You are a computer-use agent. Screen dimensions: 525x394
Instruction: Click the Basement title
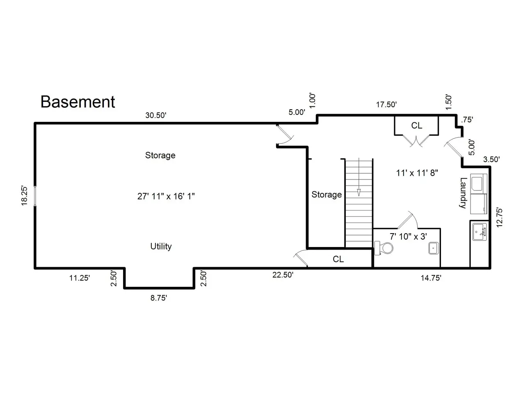(78, 102)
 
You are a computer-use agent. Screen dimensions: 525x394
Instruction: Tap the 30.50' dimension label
(156, 115)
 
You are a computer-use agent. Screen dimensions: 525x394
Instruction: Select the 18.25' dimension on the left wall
(24, 196)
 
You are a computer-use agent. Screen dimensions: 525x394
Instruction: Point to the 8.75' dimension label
(159, 298)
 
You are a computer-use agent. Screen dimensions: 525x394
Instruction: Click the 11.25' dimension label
(80, 278)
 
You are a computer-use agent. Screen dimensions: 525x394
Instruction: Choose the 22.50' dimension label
(283, 275)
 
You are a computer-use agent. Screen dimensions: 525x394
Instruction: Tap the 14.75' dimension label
(431, 278)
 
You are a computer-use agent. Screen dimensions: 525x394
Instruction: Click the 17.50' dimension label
(386, 105)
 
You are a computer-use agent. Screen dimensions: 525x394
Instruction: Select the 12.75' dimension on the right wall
(499, 218)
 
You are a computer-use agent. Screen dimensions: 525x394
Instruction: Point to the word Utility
(161, 246)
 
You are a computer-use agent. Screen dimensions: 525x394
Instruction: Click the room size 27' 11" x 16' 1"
(166, 197)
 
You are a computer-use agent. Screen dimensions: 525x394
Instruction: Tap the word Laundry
(463, 193)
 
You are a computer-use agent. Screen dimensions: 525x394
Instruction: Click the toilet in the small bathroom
(383, 248)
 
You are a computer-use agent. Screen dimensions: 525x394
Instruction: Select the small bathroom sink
(434, 248)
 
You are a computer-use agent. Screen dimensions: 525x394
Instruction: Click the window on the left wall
(35, 196)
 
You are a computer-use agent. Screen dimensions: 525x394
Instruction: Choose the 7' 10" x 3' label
(408, 236)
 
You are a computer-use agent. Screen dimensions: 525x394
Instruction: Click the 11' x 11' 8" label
(417, 173)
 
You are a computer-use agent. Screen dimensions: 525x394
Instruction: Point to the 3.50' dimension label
(491, 159)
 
